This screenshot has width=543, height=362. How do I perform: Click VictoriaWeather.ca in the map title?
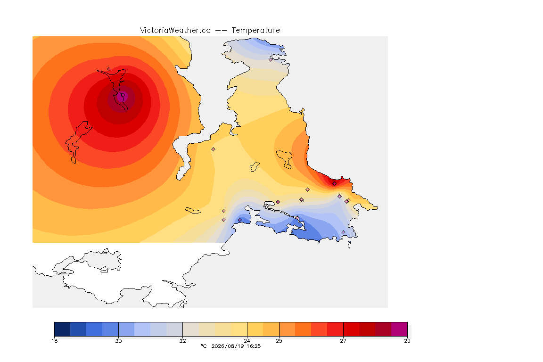pos(175,31)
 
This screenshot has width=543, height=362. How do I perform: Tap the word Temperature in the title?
pos(255,31)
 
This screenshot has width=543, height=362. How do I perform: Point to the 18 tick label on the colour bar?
pos(54,341)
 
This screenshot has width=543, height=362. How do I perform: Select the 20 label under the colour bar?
pos(118,341)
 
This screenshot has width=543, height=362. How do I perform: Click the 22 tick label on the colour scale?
pos(182,341)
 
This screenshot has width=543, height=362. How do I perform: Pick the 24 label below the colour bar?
pos(247,341)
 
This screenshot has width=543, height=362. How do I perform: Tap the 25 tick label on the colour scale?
pos(279,341)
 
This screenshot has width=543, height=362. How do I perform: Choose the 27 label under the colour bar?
pos(343,341)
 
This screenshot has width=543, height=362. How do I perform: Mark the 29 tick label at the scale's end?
pos(407,341)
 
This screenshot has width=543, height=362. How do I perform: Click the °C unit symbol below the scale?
pos(204,346)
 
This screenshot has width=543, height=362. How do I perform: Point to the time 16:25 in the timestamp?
pos(254,346)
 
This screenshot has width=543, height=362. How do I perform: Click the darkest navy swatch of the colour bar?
pos(62,329)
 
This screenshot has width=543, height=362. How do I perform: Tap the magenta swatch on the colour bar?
pos(399,329)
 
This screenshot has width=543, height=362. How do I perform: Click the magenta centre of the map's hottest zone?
pos(121,97)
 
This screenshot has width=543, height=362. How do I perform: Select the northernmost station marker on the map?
pos(271,59)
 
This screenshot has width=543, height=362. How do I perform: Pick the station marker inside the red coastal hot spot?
pos(334,184)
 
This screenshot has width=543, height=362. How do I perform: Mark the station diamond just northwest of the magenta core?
pos(109,69)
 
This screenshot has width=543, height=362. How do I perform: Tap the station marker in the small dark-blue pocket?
pos(239,220)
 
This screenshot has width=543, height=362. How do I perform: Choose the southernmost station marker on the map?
pos(344,232)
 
